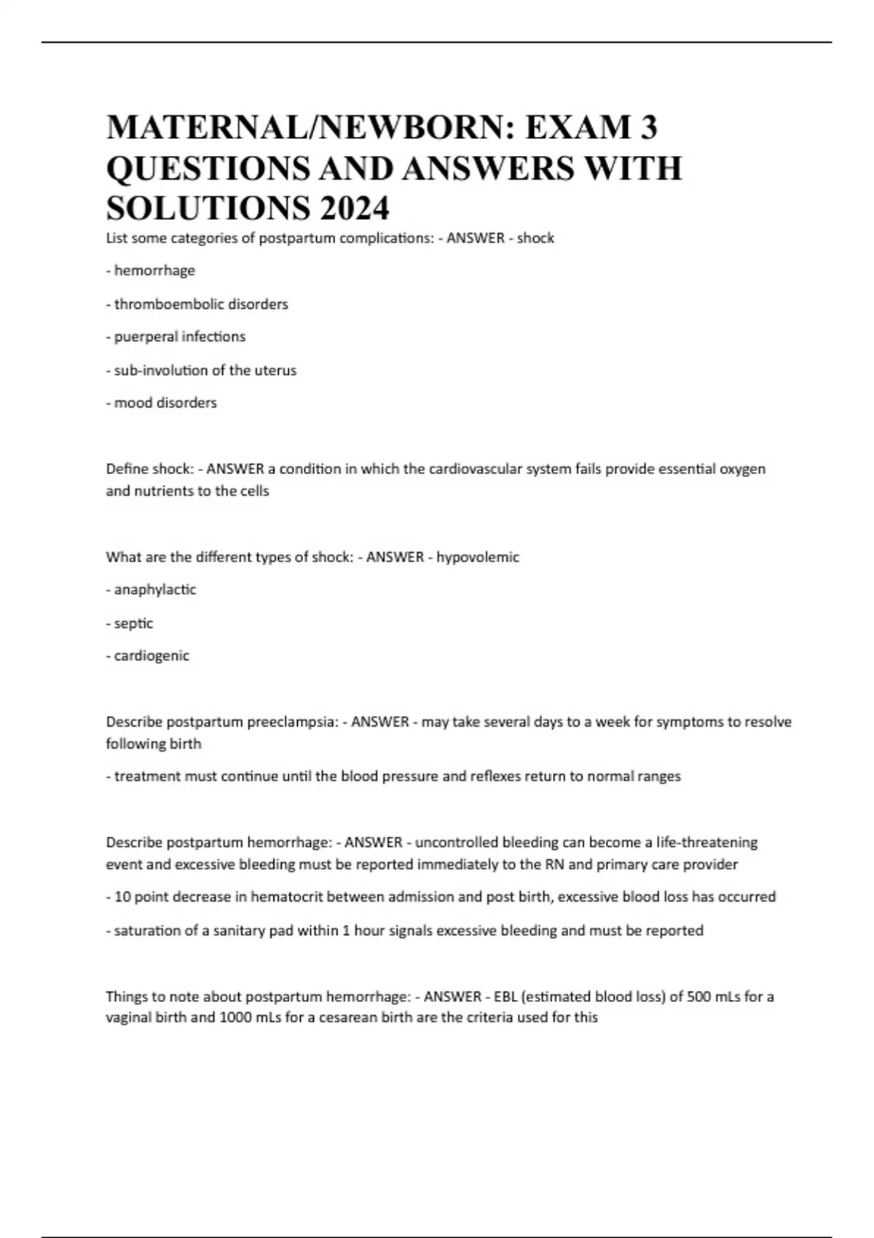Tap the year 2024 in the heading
[353, 209]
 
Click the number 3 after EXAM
[648, 127]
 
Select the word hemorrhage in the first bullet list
[154, 271]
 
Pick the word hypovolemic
[478, 558]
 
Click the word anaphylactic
[155, 590]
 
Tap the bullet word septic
[133, 623]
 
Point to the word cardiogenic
[151, 656]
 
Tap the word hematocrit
[287, 897]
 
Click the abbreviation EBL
[505, 996]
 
